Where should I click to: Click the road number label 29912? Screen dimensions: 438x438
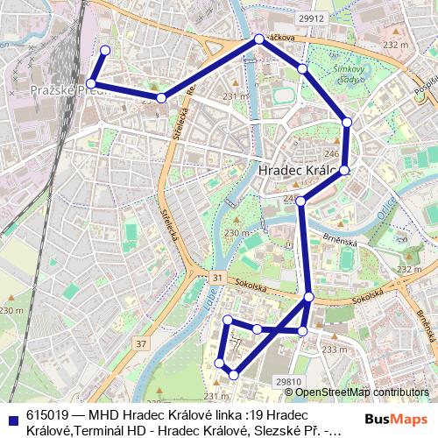311,18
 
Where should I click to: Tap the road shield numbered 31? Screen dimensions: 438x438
216,277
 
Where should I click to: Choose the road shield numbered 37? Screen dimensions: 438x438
142,343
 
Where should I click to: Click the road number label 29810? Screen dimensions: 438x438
288,382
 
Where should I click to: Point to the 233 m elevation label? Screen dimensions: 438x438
334,350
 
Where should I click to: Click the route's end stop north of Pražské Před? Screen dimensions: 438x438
105,50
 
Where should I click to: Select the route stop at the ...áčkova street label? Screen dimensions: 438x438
259,39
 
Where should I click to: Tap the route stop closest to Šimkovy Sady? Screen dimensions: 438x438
302,68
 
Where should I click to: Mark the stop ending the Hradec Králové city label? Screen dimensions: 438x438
344,170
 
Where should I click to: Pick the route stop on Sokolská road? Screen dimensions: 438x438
308,299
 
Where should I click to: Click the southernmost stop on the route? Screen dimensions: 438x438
233,375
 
